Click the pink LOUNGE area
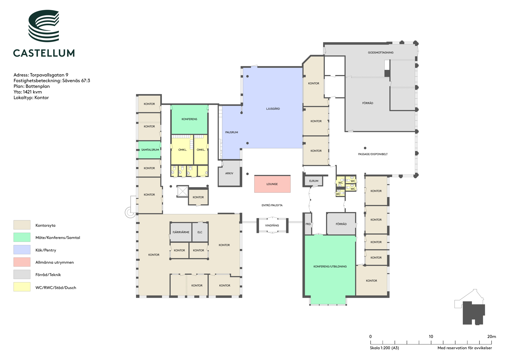[x=272, y=184]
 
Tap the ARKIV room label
[x=229, y=173]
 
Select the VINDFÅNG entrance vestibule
[x=272, y=225]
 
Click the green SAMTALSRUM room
[x=150, y=150]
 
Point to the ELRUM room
[x=314, y=181]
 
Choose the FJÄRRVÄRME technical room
[x=181, y=232]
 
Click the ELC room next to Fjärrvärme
[x=200, y=232]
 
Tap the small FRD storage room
[x=308, y=224]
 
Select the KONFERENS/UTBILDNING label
[x=330, y=266]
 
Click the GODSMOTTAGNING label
[x=381, y=53]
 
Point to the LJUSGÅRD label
[x=273, y=109]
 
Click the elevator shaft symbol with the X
[x=182, y=191]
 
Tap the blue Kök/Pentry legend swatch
[x=22, y=250]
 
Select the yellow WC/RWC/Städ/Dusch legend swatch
[x=22, y=287]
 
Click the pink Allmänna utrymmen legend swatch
[x=22, y=262]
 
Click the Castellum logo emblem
[x=44, y=26]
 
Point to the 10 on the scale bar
[x=431, y=337]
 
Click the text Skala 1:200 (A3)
[x=384, y=348]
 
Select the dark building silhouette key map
[x=474, y=313]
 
